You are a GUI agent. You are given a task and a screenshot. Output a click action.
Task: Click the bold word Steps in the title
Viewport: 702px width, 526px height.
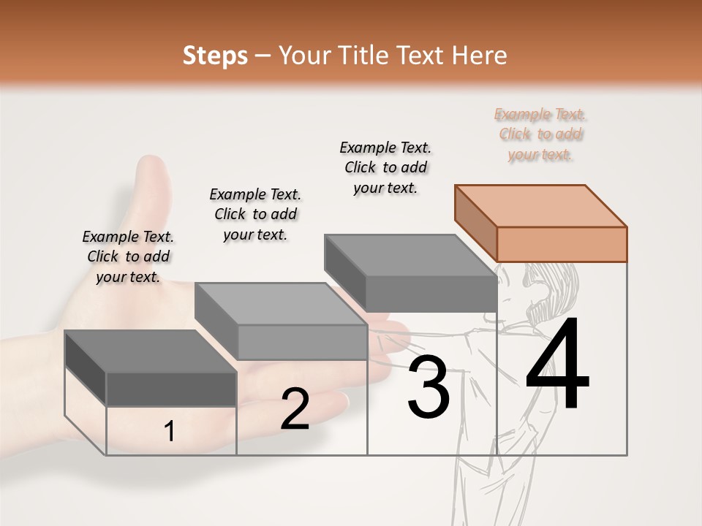pos(215,56)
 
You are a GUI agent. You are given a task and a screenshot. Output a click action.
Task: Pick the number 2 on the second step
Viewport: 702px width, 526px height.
pos(295,409)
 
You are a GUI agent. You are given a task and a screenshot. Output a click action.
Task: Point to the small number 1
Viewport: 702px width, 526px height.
pos(169,431)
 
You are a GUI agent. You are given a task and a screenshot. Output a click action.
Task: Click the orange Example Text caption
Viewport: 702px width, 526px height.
pos(541,134)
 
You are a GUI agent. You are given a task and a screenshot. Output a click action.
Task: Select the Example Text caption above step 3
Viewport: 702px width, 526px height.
pos(385,167)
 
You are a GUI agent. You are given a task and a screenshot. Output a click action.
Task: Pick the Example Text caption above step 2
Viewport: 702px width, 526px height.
pos(255,214)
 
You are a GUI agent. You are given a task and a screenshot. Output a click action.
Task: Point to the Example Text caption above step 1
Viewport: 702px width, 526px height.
pos(128,256)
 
